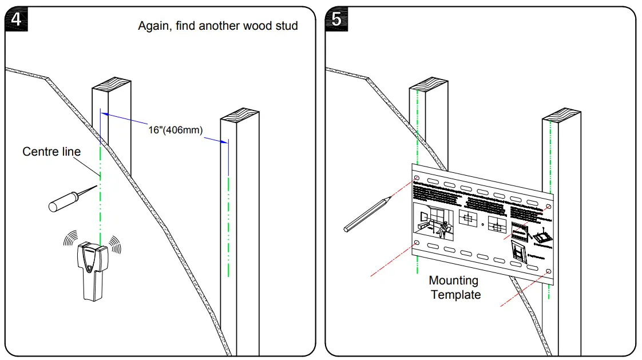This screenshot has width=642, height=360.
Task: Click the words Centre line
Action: coord(51,152)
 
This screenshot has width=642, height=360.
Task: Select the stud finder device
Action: coord(92,271)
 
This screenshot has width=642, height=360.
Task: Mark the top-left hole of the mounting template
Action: coord(417,180)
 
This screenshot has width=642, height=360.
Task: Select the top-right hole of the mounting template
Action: coord(549,206)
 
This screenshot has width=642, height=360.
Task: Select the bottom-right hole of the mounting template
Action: coord(549,271)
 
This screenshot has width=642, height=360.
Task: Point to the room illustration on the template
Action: coord(434,223)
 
